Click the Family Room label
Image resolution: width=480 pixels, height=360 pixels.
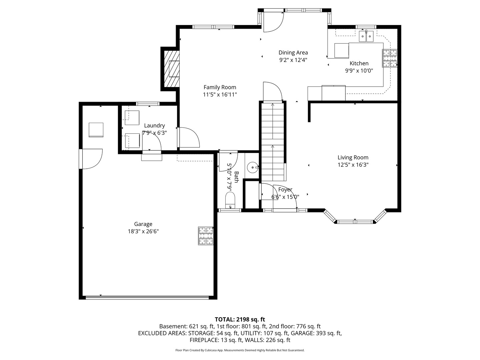tap(220, 87)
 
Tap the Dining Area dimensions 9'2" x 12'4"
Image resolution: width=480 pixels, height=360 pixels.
tap(293, 60)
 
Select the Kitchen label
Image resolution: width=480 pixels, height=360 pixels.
tap(359, 63)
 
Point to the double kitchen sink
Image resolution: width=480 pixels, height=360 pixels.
tap(366, 36)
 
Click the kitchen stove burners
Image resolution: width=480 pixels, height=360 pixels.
tap(389, 58)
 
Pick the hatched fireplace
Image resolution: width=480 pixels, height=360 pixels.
tap(172, 69)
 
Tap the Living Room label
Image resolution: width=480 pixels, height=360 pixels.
tap(353, 157)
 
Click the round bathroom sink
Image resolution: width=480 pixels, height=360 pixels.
tap(253, 167)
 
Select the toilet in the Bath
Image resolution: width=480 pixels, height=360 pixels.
tap(230, 200)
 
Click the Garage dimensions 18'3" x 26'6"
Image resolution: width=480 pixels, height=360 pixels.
tap(143, 231)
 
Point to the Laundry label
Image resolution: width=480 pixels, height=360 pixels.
tap(154, 125)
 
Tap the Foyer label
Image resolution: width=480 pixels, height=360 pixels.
tap(285, 190)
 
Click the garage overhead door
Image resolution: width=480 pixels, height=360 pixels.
tap(147, 297)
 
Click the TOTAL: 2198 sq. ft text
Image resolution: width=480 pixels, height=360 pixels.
tap(240, 319)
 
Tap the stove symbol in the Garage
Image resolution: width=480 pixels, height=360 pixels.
tap(206, 236)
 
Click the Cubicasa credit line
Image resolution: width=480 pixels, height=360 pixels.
tap(240, 350)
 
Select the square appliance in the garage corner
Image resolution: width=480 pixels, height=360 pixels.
tap(96, 130)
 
